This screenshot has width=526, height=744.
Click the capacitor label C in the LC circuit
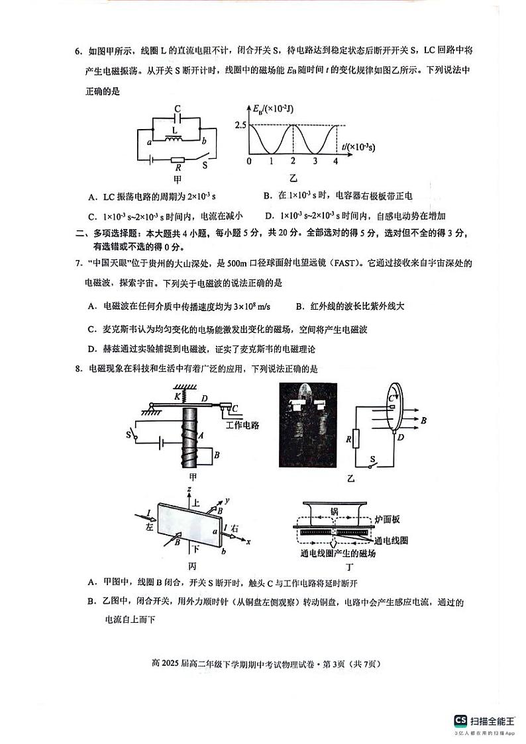(x=177, y=109)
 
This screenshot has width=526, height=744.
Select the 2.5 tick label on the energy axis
(x=240, y=125)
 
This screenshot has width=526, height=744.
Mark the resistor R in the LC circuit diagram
(x=178, y=160)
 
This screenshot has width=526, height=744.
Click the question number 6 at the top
(x=78, y=52)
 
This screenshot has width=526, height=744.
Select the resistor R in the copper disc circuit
(x=356, y=438)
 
